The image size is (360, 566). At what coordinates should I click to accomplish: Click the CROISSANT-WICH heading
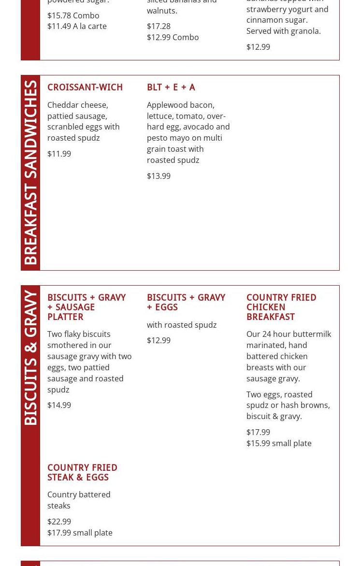tap(85, 87)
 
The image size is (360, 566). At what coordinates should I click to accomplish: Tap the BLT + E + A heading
tap(171, 87)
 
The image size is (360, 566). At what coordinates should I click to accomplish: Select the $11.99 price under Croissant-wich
tap(59, 154)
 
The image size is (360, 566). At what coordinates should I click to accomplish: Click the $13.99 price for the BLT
tap(158, 176)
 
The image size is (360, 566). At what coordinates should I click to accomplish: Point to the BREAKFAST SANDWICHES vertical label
tap(30, 172)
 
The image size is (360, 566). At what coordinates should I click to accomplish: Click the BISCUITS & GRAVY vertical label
tap(30, 358)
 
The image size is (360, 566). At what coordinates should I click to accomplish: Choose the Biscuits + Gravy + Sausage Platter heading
tap(86, 307)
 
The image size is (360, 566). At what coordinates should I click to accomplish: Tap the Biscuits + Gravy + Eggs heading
tap(186, 303)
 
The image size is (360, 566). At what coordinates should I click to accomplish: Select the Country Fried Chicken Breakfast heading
tap(281, 307)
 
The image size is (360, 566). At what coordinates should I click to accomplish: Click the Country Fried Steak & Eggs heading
tap(82, 473)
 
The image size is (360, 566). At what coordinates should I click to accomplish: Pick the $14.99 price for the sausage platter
tap(59, 405)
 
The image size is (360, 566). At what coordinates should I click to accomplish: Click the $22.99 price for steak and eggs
tap(59, 522)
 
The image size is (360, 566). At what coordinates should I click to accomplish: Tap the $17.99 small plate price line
tap(80, 533)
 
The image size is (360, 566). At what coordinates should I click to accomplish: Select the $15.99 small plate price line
tap(279, 443)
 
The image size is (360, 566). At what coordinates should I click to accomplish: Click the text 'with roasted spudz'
tap(182, 325)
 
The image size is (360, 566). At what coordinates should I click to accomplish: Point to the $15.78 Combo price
tap(73, 15)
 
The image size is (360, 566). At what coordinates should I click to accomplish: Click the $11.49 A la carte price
tap(77, 26)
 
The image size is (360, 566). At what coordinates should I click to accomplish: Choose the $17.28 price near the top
tap(158, 26)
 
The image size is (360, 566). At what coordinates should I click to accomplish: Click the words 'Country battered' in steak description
tap(79, 494)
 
